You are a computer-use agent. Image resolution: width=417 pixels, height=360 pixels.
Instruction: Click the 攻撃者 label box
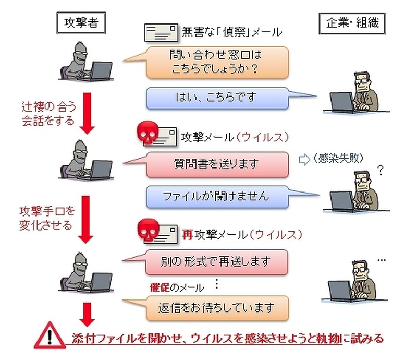(x=80, y=22)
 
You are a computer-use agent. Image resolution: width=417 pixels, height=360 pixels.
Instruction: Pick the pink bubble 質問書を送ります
(x=216, y=164)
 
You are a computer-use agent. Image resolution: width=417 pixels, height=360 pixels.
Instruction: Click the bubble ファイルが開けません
(x=216, y=196)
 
